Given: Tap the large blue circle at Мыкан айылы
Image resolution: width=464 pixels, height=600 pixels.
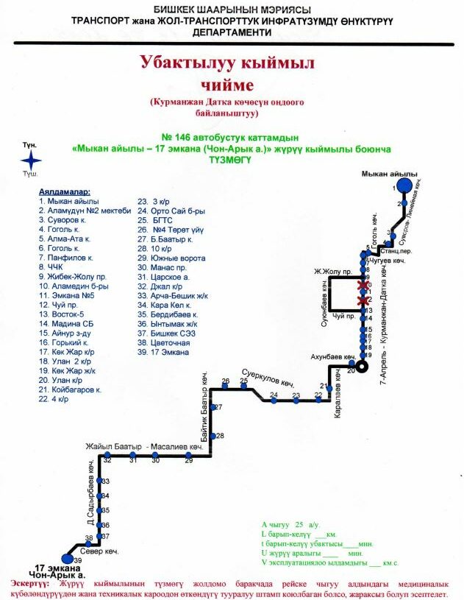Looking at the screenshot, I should pyautogui.click(x=403, y=186).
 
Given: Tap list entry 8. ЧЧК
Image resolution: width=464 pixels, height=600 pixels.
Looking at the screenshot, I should pyautogui.click(x=51, y=267).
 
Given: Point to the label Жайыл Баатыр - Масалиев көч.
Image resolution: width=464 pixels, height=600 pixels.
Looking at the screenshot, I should pyautogui.click(x=143, y=448).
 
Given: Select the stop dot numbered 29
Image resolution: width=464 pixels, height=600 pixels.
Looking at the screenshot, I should pyautogui.click(x=189, y=458).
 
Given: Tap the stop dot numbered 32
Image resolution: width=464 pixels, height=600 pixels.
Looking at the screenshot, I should pyautogui.click(x=107, y=458).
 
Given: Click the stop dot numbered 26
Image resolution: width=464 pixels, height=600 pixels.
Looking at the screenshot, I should pyautogui.click(x=226, y=386).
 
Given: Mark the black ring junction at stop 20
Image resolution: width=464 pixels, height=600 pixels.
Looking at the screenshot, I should pyautogui.click(x=361, y=366).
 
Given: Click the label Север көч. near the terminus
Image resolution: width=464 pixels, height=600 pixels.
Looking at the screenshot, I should pyautogui.click(x=100, y=550).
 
